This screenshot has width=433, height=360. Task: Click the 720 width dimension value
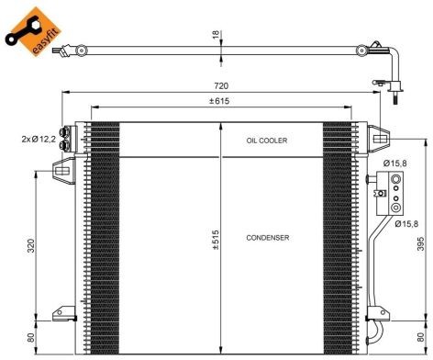221,86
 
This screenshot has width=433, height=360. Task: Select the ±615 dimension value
219,101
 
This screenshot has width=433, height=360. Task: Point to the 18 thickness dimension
216,35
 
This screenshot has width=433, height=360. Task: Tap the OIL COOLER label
267,141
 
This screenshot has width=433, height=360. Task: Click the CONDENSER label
268,238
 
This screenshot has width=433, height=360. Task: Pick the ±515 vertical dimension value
216,240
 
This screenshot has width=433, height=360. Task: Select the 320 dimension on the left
30,246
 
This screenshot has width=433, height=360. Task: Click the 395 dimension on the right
421,243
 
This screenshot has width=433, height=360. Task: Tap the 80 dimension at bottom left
30,337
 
